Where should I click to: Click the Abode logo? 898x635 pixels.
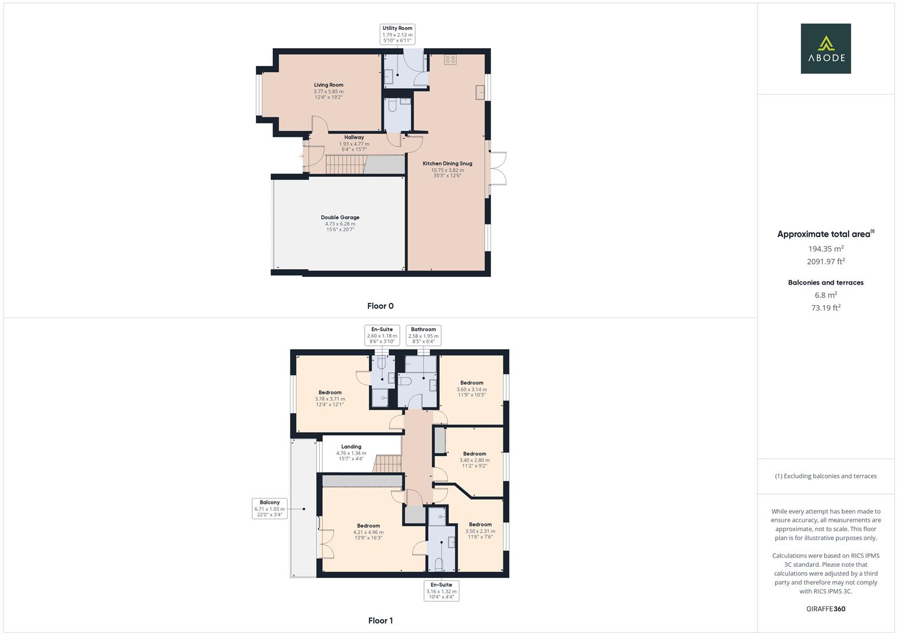(825, 49)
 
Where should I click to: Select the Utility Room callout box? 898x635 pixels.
(398, 35)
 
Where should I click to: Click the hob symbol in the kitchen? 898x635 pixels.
(450, 59)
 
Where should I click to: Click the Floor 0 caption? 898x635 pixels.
(380, 306)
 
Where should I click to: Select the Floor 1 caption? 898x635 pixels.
(380, 620)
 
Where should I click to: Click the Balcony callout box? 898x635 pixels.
(269, 508)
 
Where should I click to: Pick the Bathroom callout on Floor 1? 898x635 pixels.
(423, 335)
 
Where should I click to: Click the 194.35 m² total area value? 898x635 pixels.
(826, 249)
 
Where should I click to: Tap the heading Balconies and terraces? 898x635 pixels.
(826, 283)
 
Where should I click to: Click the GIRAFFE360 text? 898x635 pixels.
(826, 609)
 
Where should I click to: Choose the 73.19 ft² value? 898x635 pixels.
(826, 308)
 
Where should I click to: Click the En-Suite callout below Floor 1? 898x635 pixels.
(441, 591)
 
